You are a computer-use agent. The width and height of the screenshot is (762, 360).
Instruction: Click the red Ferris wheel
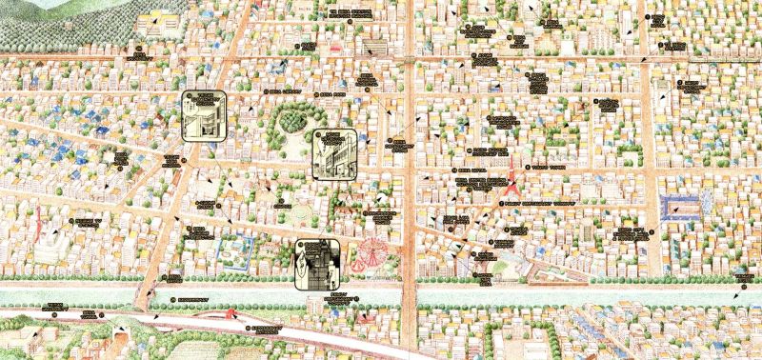tap(371, 254)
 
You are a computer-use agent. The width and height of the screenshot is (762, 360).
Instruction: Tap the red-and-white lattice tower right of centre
tap(512, 171)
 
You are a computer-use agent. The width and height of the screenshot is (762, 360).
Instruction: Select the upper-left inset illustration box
tap(204, 115)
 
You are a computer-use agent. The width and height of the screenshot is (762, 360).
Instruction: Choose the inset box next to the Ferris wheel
tap(318, 261)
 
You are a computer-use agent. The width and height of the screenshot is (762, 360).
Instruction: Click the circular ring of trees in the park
tap(292, 121)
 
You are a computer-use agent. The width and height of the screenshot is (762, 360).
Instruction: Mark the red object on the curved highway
tap(231, 313)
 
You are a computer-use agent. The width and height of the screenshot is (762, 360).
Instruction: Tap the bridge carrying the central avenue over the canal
tap(411, 295)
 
